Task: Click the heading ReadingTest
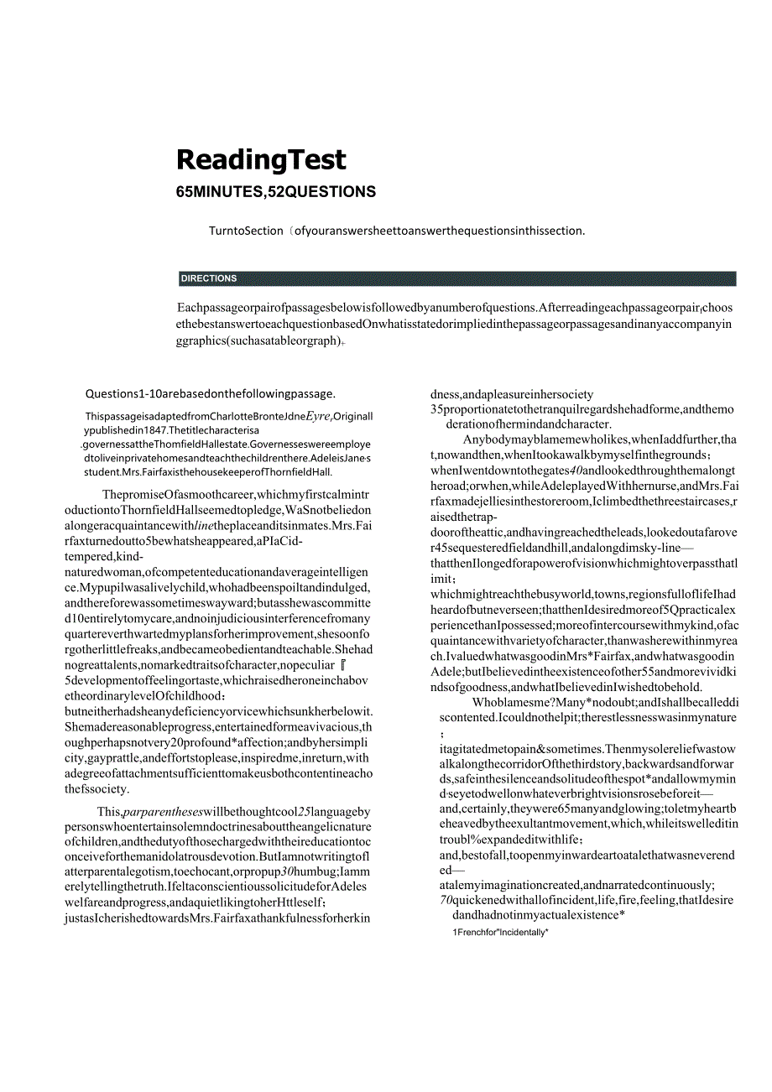[261, 160]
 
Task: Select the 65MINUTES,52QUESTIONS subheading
[276, 192]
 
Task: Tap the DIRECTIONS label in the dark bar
[209, 278]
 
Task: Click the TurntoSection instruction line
[397, 231]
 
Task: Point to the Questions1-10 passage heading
[211, 393]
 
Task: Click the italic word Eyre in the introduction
[319, 415]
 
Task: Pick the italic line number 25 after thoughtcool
[305, 812]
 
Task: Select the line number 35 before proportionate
[437, 409]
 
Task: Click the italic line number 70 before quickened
[446, 900]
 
